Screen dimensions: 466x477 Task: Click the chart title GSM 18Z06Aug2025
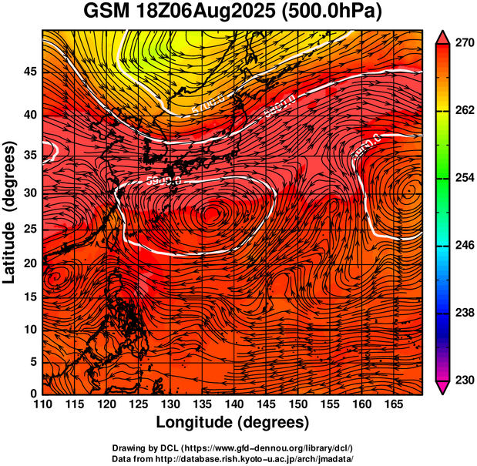click(x=186, y=12)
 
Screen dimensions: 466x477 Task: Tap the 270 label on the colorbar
click(x=465, y=44)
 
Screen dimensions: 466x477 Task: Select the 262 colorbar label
click(x=465, y=111)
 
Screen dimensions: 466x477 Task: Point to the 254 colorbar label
click(x=465, y=178)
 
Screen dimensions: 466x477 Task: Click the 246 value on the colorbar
click(x=465, y=245)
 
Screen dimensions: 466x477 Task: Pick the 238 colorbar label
click(x=465, y=313)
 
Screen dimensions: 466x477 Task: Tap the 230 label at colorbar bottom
click(x=465, y=380)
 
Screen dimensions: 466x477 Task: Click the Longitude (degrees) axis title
click(x=233, y=422)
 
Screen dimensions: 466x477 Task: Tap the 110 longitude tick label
click(x=42, y=404)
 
